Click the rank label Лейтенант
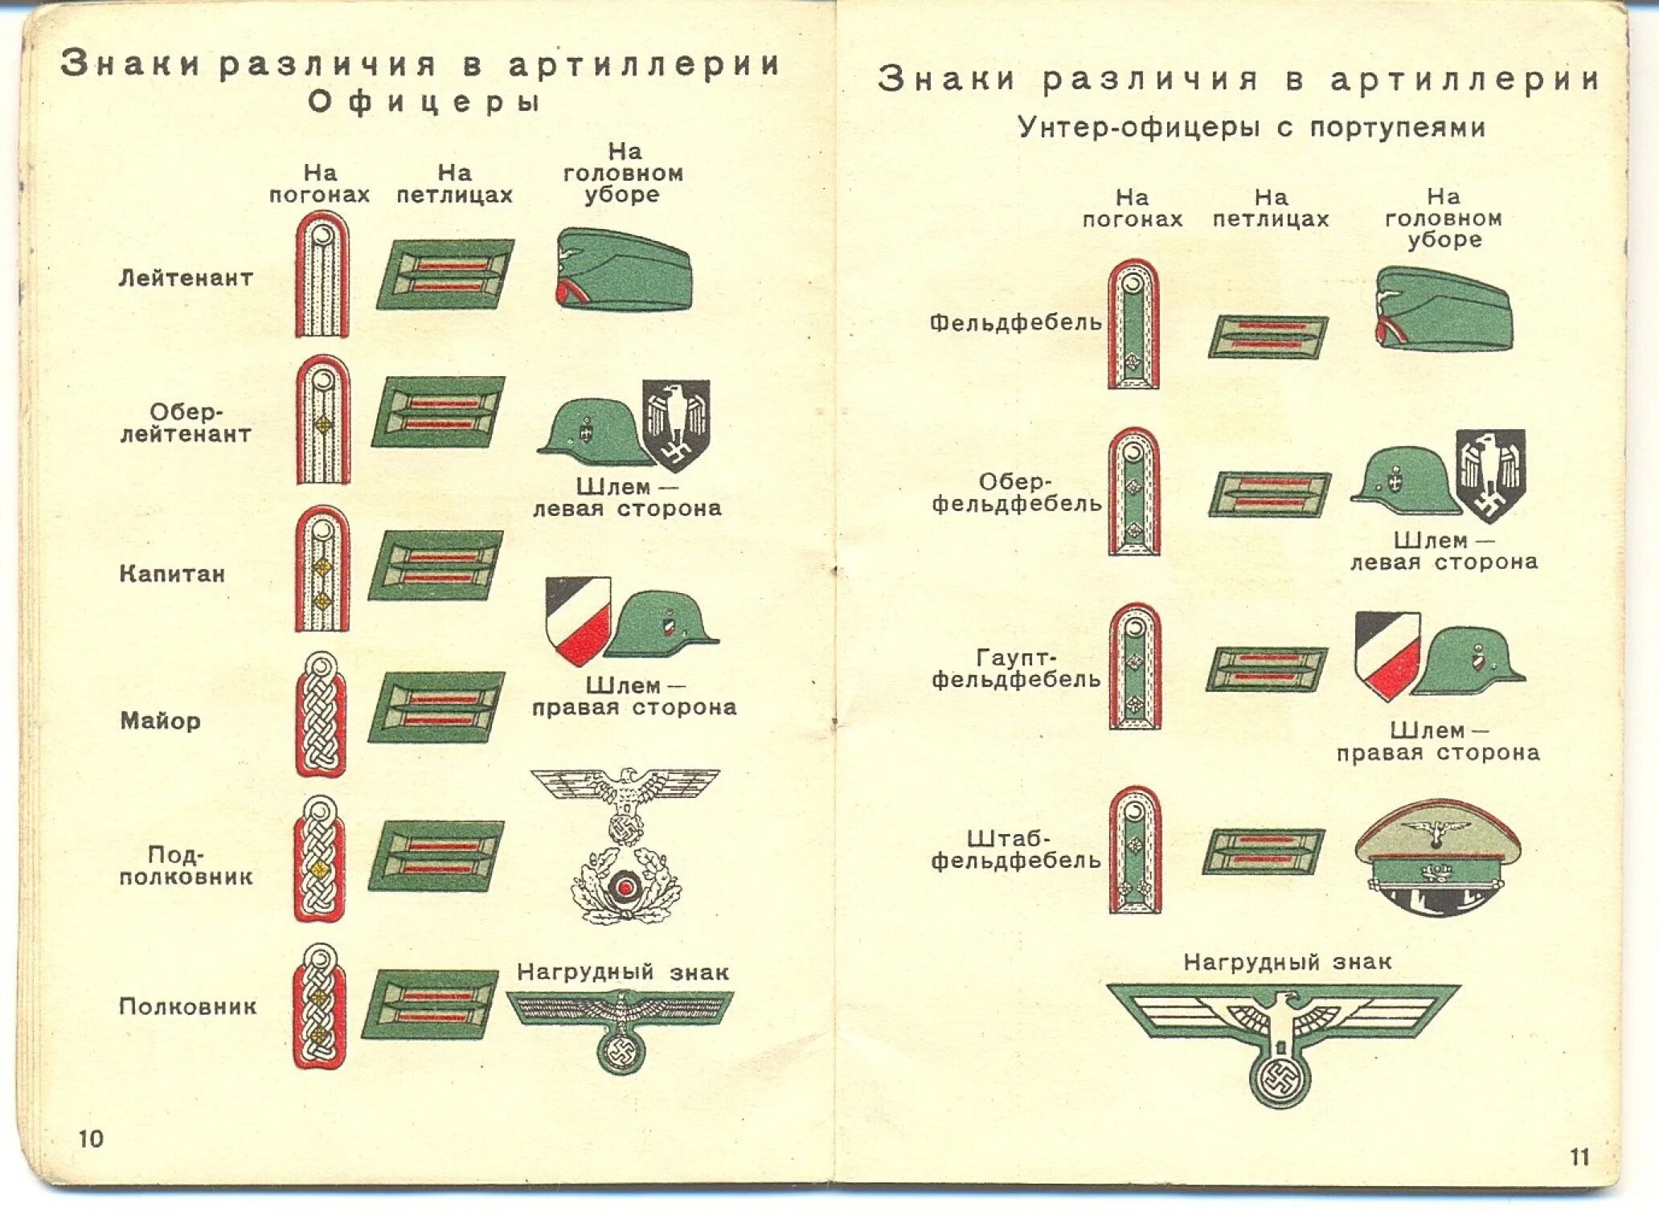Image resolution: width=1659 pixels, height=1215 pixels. click(x=186, y=278)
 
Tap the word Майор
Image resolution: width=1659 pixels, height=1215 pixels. click(x=161, y=721)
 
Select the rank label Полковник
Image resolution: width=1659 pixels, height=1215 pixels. click(x=188, y=1006)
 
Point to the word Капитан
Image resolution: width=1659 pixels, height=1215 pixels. click(x=172, y=574)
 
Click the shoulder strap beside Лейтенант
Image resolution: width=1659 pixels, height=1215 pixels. click(x=322, y=275)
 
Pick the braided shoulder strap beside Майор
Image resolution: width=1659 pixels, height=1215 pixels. click(x=321, y=714)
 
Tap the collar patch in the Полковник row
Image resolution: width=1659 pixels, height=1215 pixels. click(x=430, y=1004)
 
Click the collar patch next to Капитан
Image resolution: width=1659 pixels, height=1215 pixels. click(x=436, y=566)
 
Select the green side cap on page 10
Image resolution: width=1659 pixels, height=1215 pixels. click(x=623, y=271)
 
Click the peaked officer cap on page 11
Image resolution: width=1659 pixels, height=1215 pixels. click(x=1438, y=857)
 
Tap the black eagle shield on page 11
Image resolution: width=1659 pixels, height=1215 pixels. click(x=1491, y=476)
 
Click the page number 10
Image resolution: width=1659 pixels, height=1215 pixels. click(x=91, y=1139)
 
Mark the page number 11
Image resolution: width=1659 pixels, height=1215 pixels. click(x=1579, y=1157)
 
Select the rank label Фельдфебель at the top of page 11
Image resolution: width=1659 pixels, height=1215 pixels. click(x=1015, y=323)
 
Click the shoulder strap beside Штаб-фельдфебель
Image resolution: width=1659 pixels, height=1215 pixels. click(x=1135, y=850)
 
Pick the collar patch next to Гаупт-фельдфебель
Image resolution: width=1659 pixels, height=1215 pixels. click(x=1267, y=669)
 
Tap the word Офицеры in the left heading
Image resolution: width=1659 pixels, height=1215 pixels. click(x=423, y=102)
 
